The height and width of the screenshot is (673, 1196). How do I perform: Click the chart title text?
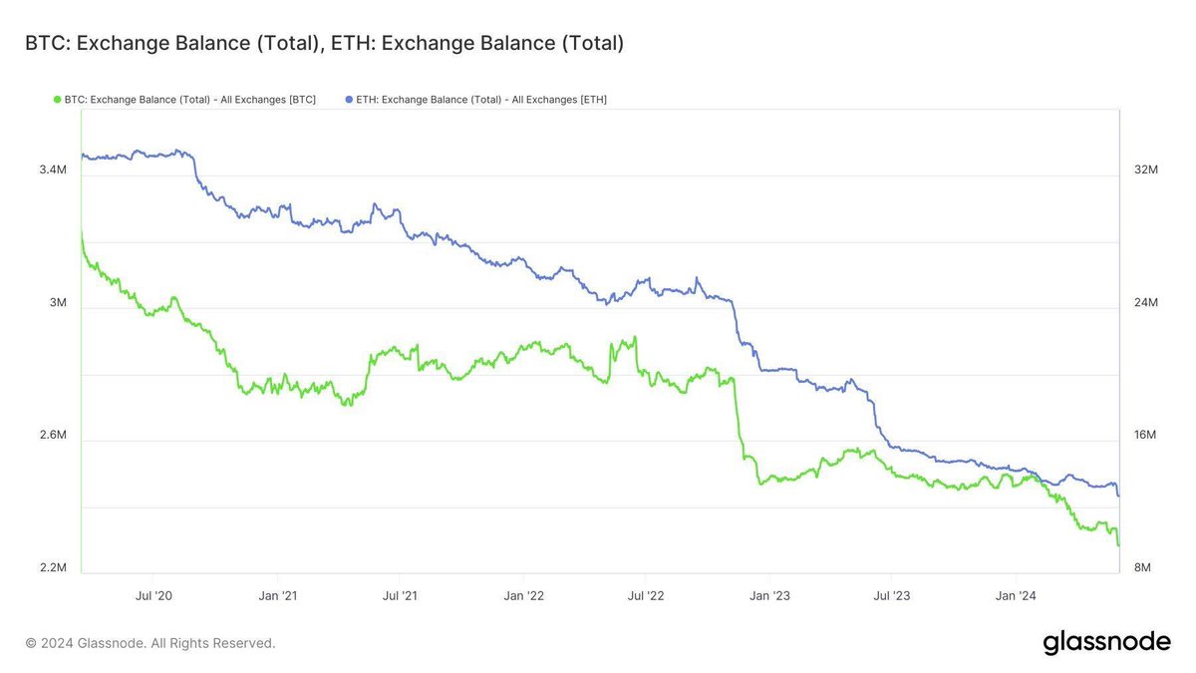pyautogui.click(x=324, y=44)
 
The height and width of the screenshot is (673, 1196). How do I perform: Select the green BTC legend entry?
pyautogui.click(x=183, y=100)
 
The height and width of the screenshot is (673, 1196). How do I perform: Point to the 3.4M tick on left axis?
pyautogui.click(x=53, y=170)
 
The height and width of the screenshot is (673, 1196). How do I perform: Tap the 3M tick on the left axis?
pyautogui.click(x=59, y=303)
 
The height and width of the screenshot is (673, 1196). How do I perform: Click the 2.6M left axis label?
pyautogui.click(x=53, y=436)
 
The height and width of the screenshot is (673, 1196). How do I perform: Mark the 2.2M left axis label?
pyautogui.click(x=53, y=568)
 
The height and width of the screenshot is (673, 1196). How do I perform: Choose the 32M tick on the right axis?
pyautogui.click(x=1146, y=170)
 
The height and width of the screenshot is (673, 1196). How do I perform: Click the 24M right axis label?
pyautogui.click(x=1146, y=303)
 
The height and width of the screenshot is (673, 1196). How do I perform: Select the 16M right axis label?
pyautogui.click(x=1146, y=436)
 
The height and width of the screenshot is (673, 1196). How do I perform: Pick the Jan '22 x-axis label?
pyautogui.click(x=523, y=596)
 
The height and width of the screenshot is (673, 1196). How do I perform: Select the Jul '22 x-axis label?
pyautogui.click(x=646, y=596)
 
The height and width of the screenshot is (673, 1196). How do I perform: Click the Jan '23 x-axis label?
pyautogui.click(x=769, y=596)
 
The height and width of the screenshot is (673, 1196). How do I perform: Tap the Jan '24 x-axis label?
pyautogui.click(x=1016, y=596)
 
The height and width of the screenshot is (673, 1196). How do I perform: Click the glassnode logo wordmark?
pyautogui.click(x=1106, y=643)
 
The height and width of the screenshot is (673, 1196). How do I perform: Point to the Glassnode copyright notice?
pyautogui.click(x=150, y=643)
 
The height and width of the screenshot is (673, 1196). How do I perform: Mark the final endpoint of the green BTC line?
pyautogui.click(x=1119, y=545)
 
